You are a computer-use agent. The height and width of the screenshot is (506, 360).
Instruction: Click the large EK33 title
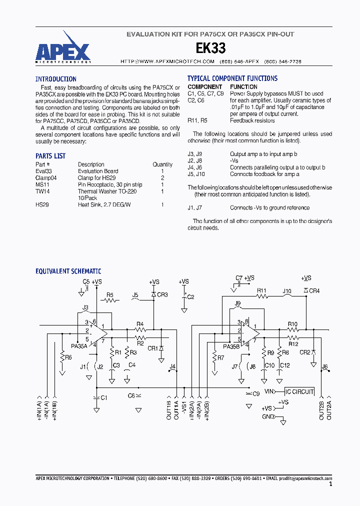click(210, 48)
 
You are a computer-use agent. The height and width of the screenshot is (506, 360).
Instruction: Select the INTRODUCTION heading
click(56, 79)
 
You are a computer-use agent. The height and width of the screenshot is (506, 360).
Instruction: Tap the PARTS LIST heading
click(50, 156)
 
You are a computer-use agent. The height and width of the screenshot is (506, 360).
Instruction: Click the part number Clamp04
click(46, 177)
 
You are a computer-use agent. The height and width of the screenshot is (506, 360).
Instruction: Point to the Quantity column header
click(162, 164)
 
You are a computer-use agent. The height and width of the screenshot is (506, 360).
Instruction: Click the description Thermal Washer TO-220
click(107, 191)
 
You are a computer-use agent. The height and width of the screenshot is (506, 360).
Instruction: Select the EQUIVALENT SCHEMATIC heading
click(68, 271)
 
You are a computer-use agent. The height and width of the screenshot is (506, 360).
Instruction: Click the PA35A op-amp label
click(79, 345)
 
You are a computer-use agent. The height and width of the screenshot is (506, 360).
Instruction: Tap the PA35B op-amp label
click(231, 346)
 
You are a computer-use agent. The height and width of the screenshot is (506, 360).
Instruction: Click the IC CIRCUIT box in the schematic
click(299, 391)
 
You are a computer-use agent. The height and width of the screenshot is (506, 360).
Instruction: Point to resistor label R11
click(262, 290)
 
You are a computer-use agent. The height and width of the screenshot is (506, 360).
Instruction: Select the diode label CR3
click(162, 294)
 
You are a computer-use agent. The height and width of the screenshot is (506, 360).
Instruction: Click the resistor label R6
click(68, 357)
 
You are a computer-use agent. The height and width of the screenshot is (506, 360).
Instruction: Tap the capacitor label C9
click(256, 393)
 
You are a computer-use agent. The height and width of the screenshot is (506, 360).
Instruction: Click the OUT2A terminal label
click(329, 410)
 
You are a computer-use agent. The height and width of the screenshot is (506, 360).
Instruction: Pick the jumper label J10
click(287, 290)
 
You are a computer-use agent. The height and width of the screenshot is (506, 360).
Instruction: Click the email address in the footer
click(305, 478)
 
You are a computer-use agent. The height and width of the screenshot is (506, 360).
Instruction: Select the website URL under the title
click(167, 61)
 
